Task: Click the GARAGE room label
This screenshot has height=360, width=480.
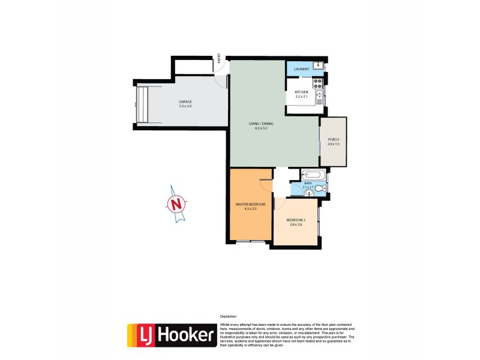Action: click(x=185, y=102)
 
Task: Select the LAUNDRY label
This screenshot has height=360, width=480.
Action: click(x=302, y=70)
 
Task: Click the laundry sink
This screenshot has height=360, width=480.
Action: click(x=319, y=65)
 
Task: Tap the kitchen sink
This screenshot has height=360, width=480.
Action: click(x=320, y=95)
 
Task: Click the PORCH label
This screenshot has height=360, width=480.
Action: click(x=333, y=139)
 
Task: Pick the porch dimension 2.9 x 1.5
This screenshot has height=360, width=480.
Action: click(x=333, y=145)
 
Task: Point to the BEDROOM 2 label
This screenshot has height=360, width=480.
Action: click(x=296, y=220)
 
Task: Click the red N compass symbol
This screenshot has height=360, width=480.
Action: click(x=176, y=205)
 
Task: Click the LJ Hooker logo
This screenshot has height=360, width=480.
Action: click(x=171, y=335)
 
